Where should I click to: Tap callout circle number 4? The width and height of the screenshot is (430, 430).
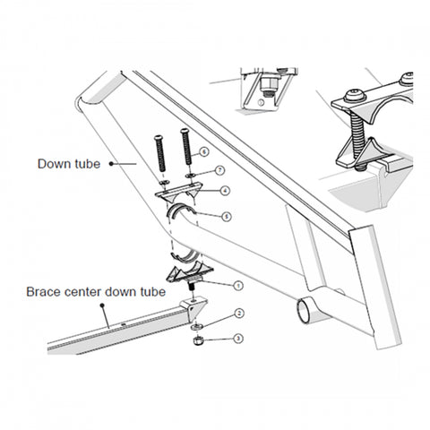(225, 190)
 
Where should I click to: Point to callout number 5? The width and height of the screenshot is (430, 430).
(226, 216)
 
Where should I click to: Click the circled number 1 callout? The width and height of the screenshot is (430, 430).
(238, 286)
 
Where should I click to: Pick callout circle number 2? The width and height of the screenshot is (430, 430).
(239, 314)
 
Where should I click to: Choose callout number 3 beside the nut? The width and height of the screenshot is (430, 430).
(238, 338)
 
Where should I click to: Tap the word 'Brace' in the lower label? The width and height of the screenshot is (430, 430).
(43, 292)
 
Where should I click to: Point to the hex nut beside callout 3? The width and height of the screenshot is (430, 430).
(194, 339)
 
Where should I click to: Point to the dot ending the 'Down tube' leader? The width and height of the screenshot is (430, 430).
(111, 164)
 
